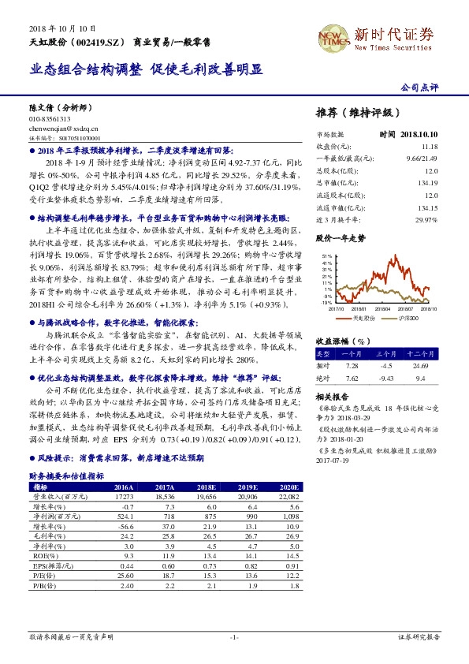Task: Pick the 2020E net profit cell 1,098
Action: (290, 514)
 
